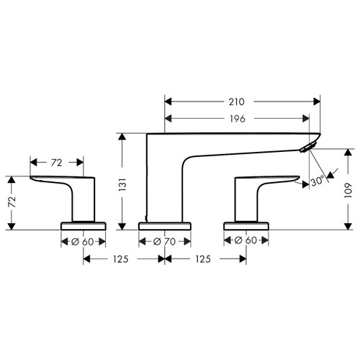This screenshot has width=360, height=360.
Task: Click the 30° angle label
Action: [316, 182]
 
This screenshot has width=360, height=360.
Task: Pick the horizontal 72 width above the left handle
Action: [55, 162]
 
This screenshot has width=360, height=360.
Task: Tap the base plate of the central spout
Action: [165, 226]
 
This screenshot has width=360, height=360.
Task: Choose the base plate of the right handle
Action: [248, 226]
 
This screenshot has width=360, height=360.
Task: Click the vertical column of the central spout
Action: [162, 180]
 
